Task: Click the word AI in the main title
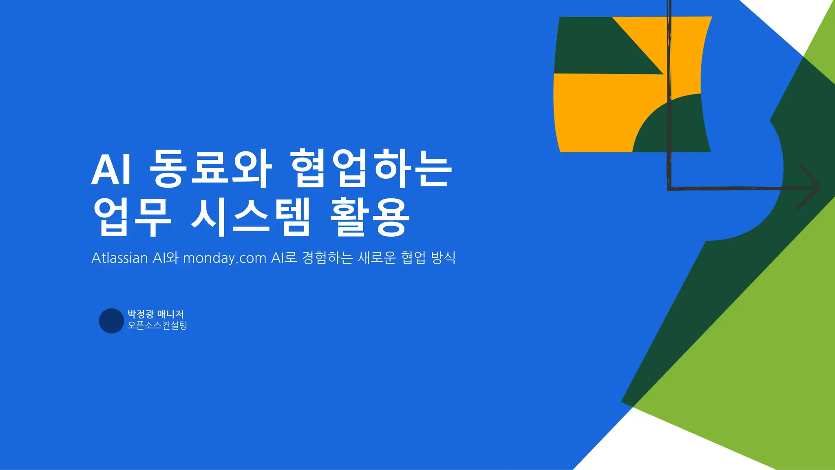111,169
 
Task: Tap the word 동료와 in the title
210,169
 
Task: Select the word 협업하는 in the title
371,169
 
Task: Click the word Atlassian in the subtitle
119,258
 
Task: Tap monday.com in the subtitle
225,258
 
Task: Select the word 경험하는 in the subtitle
327,258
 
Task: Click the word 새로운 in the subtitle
377,258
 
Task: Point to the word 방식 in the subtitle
443,258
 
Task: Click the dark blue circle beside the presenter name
111,321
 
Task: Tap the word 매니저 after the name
170,314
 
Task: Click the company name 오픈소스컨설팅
157,325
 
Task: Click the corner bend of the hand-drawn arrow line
669,188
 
